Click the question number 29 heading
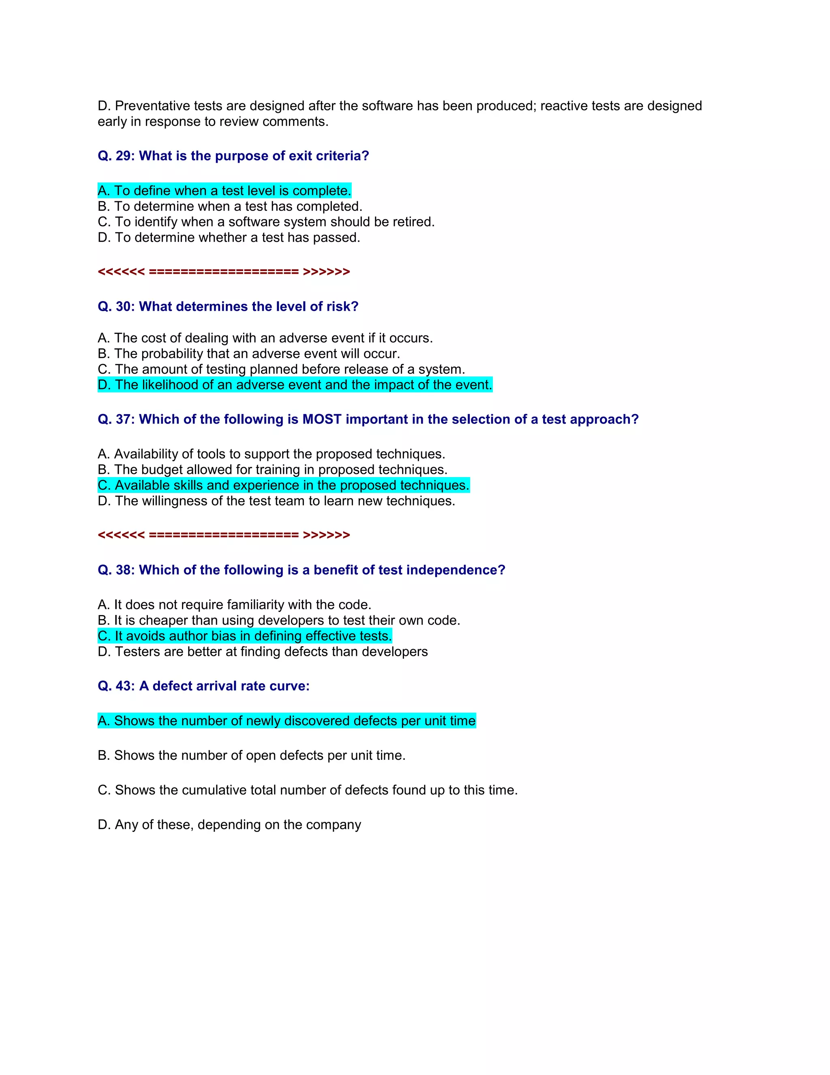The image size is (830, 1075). [x=233, y=156]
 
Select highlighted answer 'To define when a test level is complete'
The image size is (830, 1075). [x=224, y=191]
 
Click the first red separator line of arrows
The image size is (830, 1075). [x=224, y=272]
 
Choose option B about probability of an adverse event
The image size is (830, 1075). [x=249, y=354]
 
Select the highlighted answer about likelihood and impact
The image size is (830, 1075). [x=295, y=385]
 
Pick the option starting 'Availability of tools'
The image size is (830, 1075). [x=272, y=454]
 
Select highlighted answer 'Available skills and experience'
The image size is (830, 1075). [x=283, y=485]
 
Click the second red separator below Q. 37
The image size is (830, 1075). [x=224, y=535]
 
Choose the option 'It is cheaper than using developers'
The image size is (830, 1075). [x=279, y=620]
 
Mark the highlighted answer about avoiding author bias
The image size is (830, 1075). [x=245, y=636]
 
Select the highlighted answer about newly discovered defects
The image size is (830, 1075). [x=287, y=720]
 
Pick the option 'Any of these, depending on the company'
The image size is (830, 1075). [x=229, y=824]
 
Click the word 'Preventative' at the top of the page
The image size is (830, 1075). [x=152, y=106]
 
